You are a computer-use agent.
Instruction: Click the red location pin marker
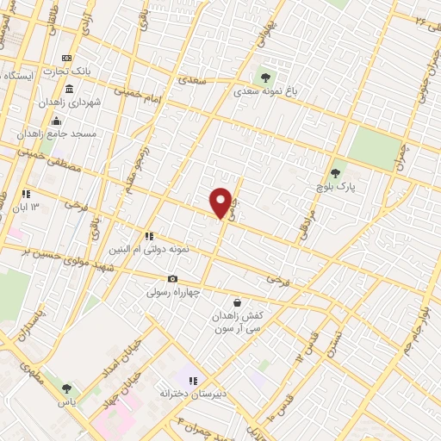click(x=221, y=202)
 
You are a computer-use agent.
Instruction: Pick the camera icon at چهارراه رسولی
click(x=172, y=278)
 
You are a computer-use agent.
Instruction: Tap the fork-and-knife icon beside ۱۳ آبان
click(x=26, y=195)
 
